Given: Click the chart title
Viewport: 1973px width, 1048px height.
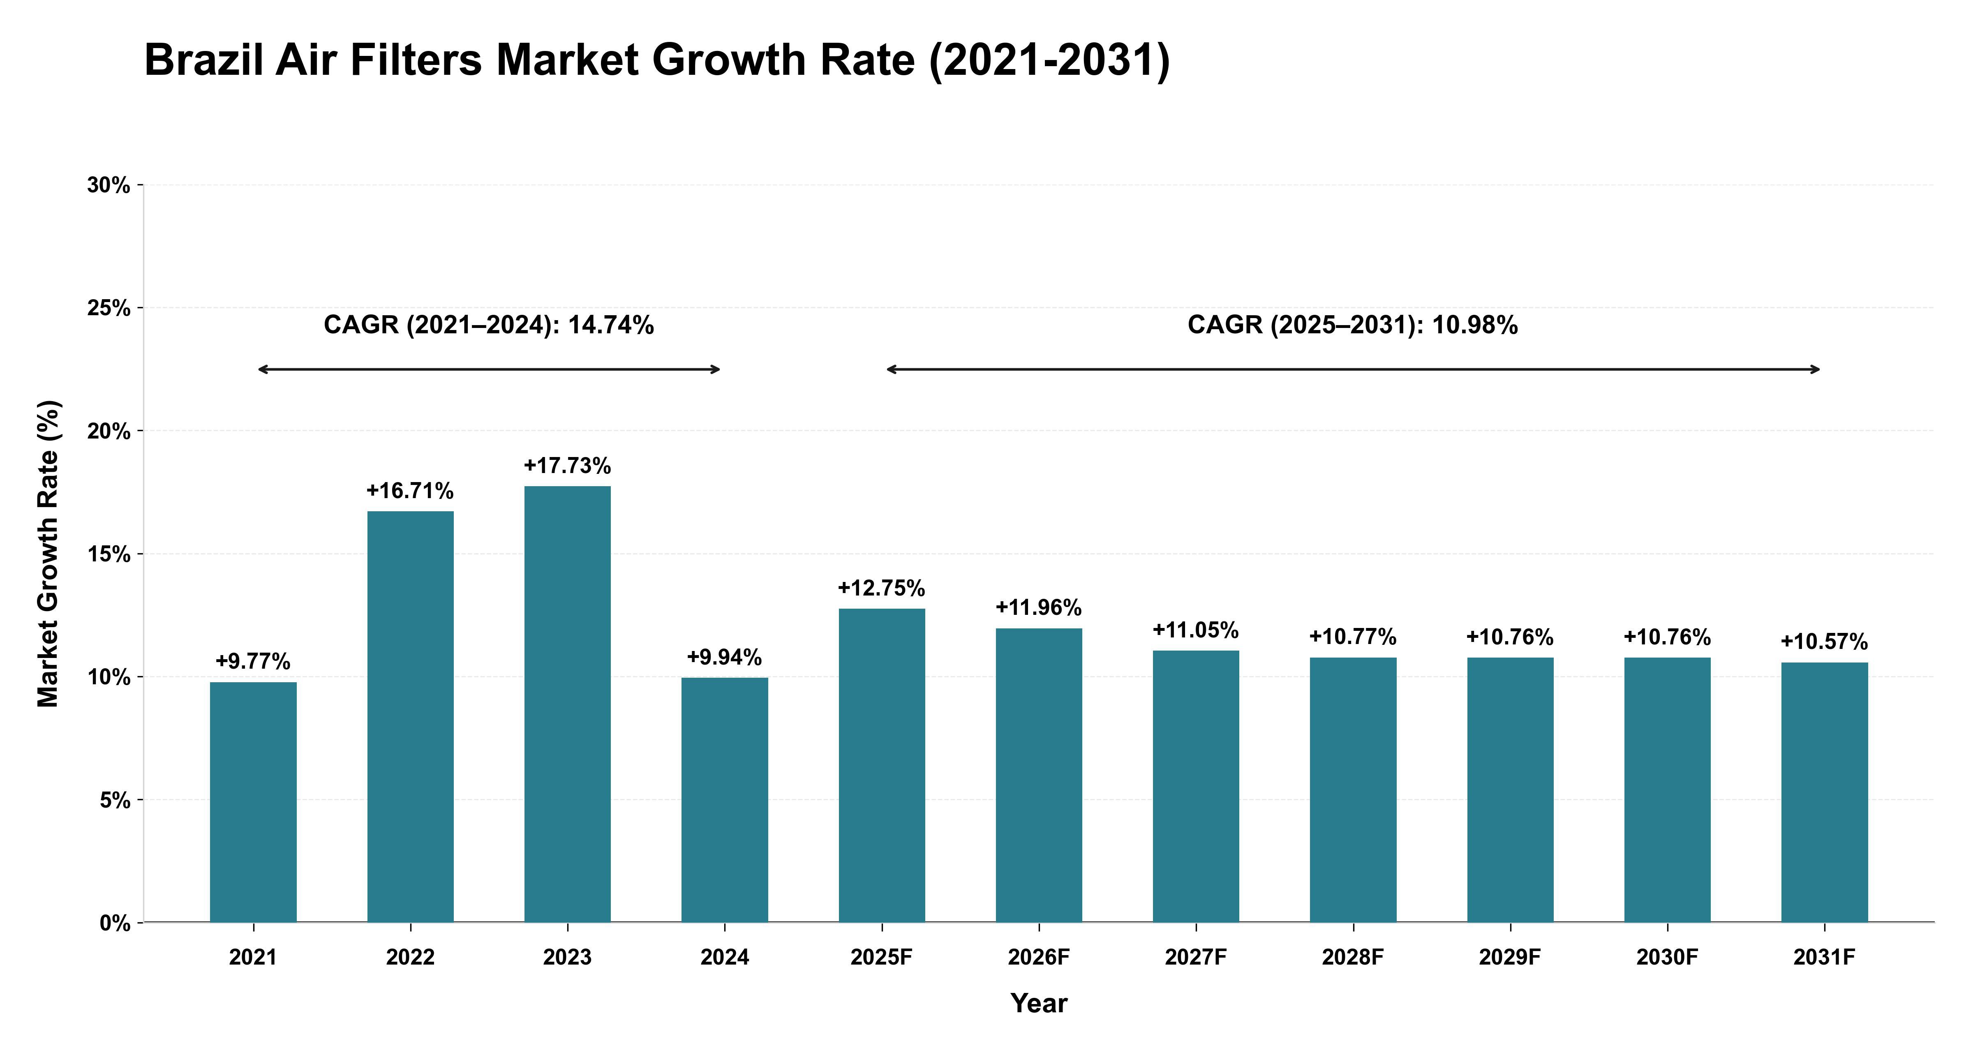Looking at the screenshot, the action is click(657, 60).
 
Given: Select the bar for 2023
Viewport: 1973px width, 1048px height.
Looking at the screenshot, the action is click(568, 704).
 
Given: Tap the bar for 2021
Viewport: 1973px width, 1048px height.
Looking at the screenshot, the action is click(254, 802).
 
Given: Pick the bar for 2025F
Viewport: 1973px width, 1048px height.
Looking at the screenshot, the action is click(882, 765).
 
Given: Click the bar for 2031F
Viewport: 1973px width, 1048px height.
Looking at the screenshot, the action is click(1825, 792).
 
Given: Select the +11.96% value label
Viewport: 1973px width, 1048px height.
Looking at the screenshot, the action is click(1039, 607).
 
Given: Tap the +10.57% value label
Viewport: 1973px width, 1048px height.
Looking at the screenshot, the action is click(1825, 641).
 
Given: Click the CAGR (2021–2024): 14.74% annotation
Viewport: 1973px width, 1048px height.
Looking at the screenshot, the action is click(489, 325).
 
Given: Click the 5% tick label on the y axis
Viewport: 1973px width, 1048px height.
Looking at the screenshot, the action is click(115, 800).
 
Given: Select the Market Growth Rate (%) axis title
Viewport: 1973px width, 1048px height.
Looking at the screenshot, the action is click(48, 553).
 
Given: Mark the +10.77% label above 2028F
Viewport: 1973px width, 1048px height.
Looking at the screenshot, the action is click(1353, 637).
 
